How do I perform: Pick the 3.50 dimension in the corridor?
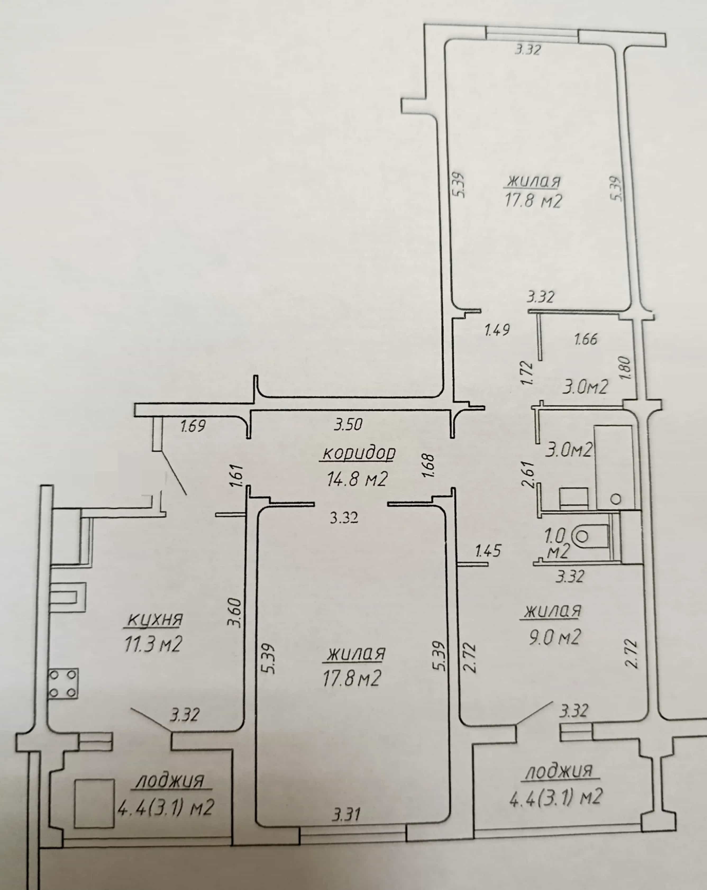pyautogui.click(x=348, y=424)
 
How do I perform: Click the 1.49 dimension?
pyautogui.click(x=497, y=330)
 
